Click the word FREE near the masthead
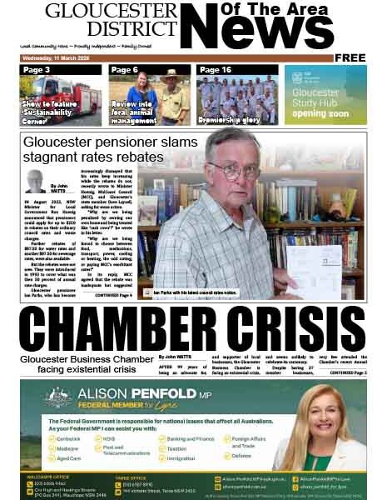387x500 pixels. tap(350, 57)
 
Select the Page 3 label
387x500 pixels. tap(37, 70)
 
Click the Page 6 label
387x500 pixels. tap(124, 70)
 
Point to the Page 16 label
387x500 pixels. tap(215, 70)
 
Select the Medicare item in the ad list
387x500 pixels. tap(72, 447)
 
